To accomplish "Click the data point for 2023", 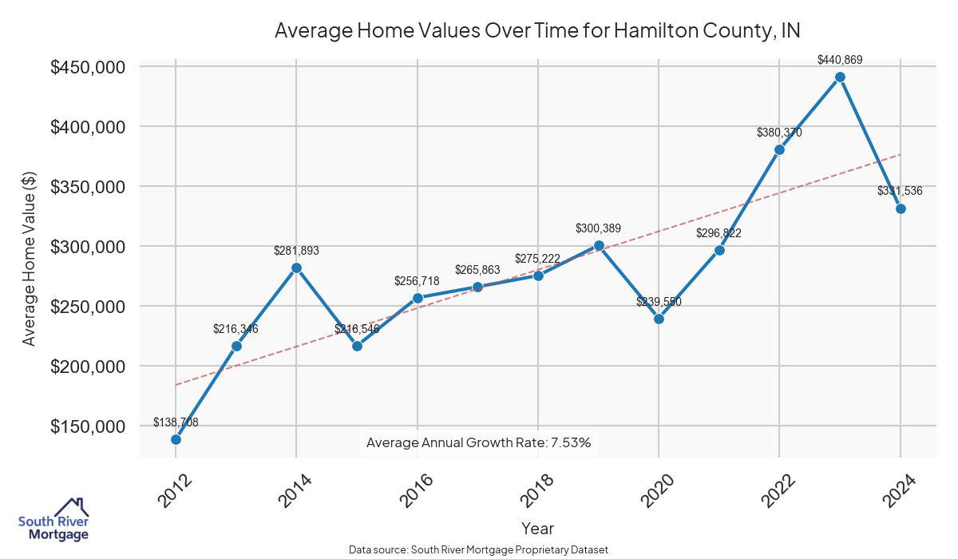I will point(840,77).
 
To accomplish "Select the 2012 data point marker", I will point(176,439).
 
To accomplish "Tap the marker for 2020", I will point(659,319).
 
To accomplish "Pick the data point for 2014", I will point(296,268).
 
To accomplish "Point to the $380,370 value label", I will point(779,133).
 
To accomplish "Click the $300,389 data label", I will point(598,228).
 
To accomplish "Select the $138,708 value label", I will point(176,422).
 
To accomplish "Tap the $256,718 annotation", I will point(417,281).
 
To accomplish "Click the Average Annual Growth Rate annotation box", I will point(478,442).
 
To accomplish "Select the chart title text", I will point(537,30).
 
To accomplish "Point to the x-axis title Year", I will point(537,528).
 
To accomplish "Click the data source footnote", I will point(478,550).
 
